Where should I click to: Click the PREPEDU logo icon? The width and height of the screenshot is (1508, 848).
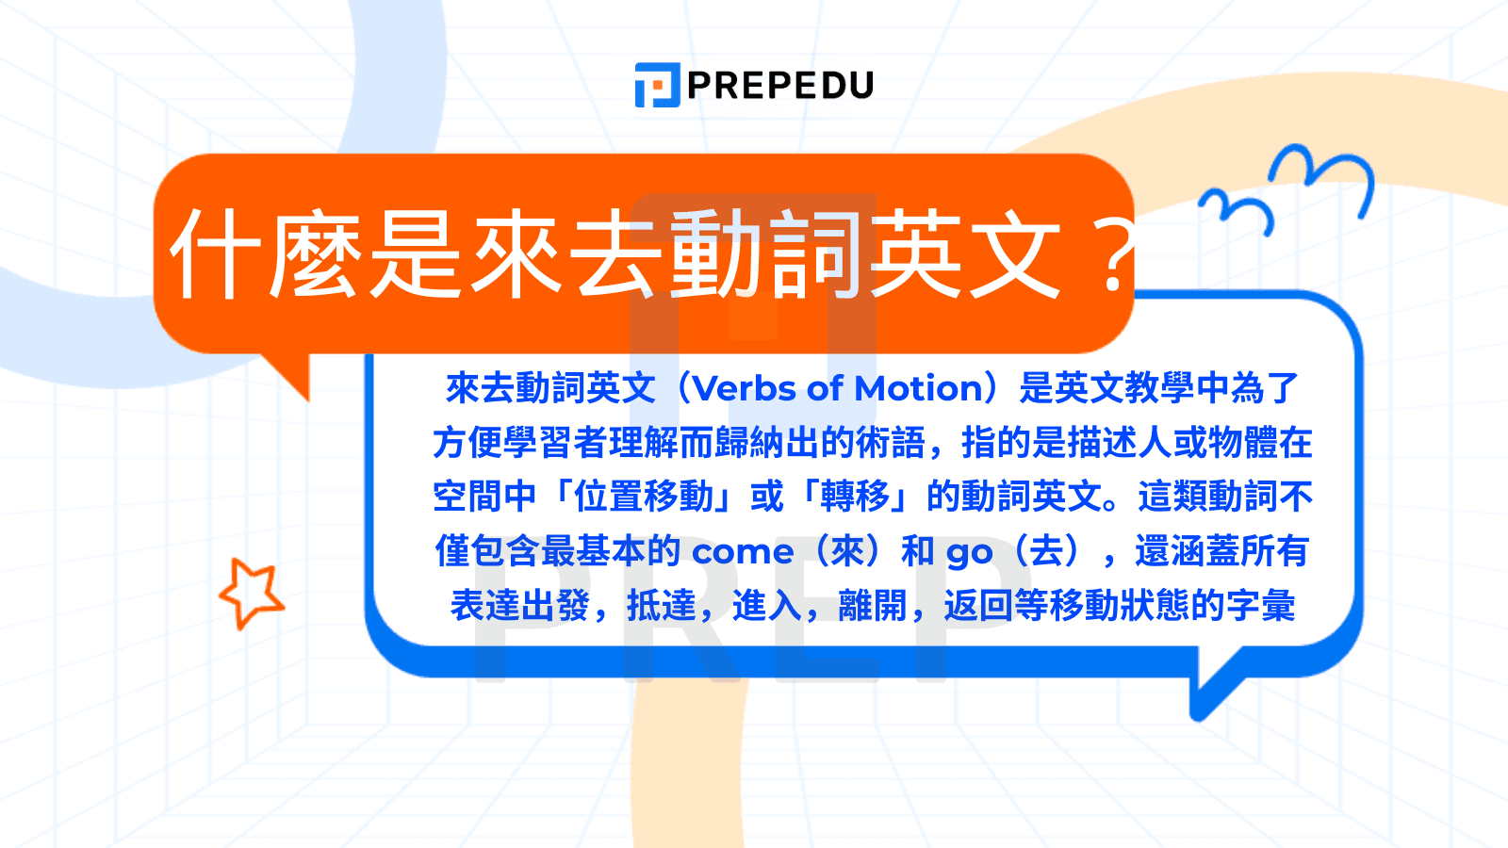pyautogui.click(x=657, y=85)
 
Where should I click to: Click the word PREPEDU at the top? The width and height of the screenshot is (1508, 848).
pyautogui.click(x=780, y=85)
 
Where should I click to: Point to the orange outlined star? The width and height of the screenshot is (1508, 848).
pyautogui.click(x=252, y=592)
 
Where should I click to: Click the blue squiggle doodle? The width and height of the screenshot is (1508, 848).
pyautogui.click(x=1287, y=188)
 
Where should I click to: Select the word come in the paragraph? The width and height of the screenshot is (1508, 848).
pyautogui.click(x=743, y=552)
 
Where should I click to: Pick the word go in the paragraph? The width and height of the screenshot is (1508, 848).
pyautogui.click(x=969, y=553)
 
